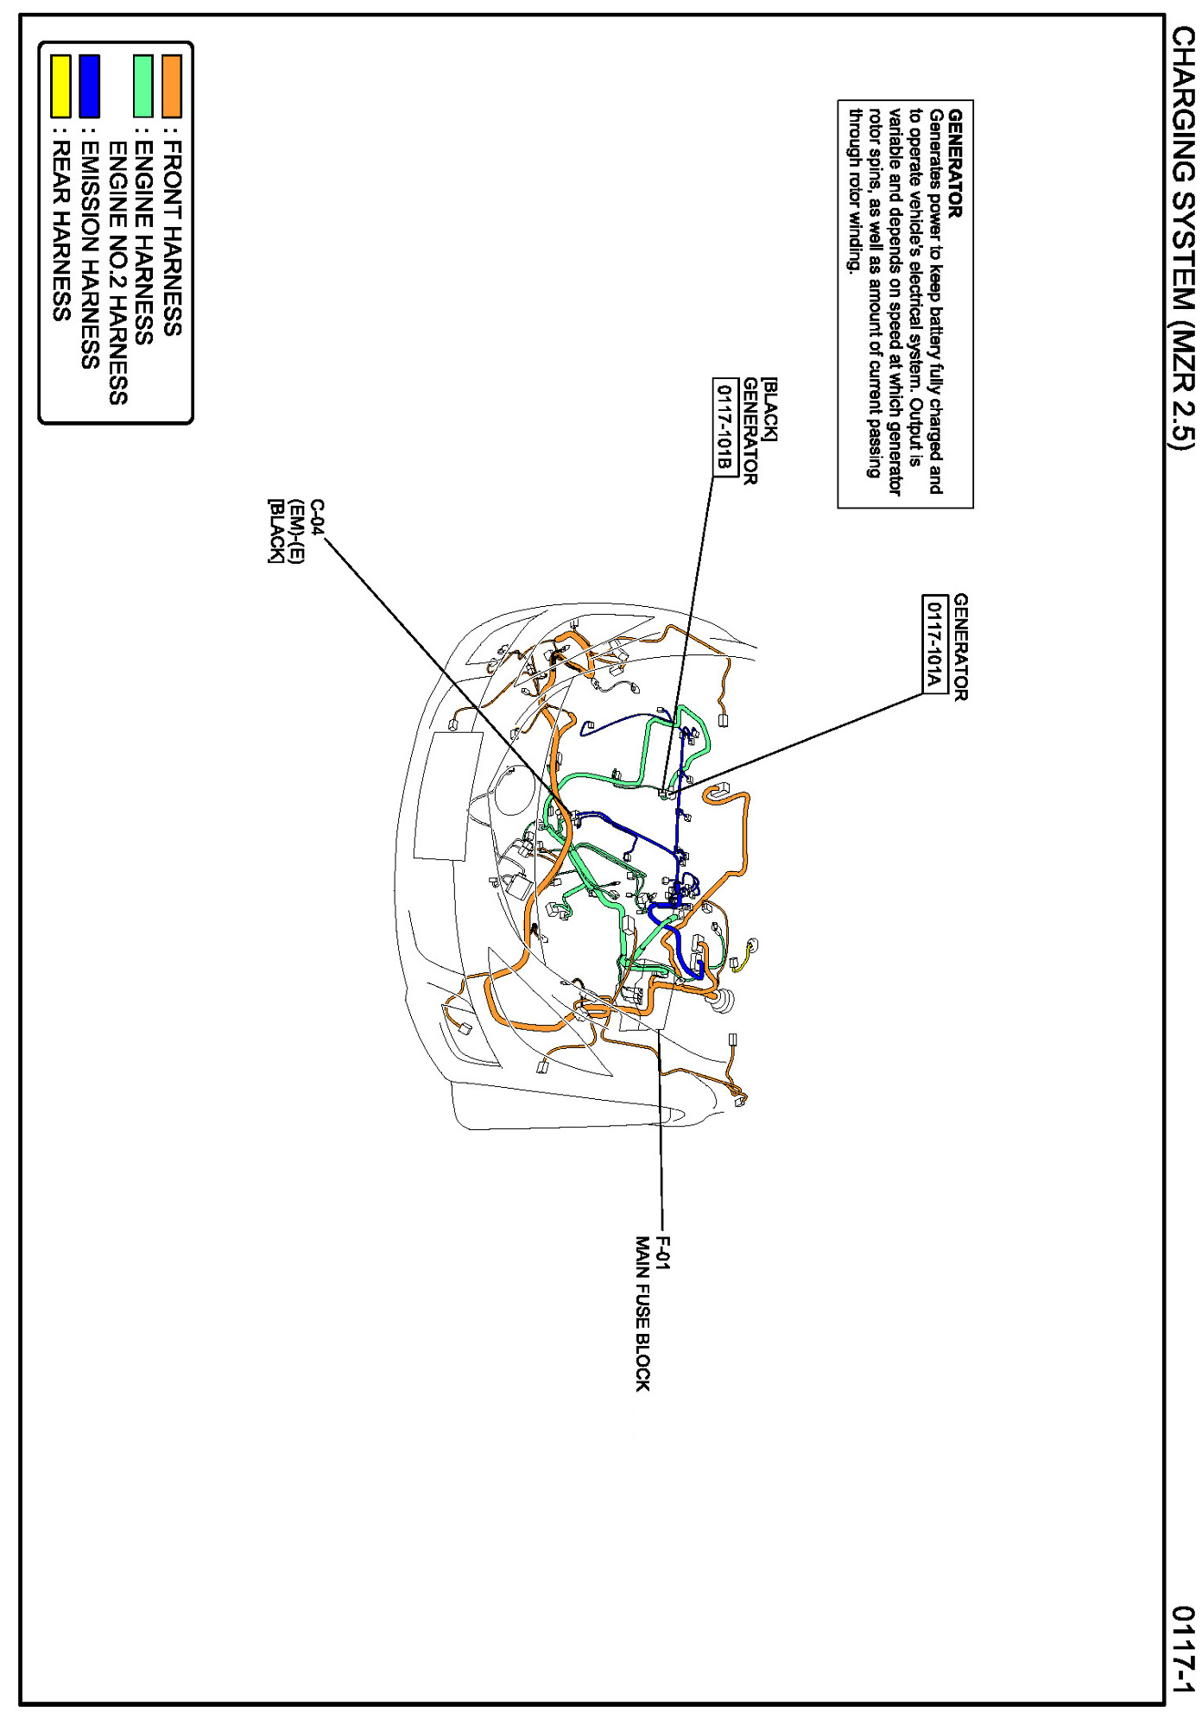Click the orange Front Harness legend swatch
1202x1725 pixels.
pyautogui.click(x=172, y=86)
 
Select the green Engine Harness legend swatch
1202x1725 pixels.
pyautogui.click(x=143, y=86)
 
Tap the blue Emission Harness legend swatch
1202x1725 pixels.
pyautogui.click(x=89, y=86)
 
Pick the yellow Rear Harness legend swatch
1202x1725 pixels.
pyautogui.click(x=60, y=86)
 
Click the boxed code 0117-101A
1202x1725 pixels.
pyautogui.click(x=933, y=644)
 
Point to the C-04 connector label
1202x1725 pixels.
pyautogui.click(x=317, y=517)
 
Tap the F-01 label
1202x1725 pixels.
pyautogui.click(x=662, y=1254)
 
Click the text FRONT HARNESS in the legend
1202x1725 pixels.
pyautogui.click(x=172, y=238)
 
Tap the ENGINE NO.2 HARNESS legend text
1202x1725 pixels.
pyautogui.click(x=117, y=273)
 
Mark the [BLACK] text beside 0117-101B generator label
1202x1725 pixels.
pyautogui.click(x=769, y=409)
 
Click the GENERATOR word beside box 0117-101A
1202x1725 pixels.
pyautogui.click(x=960, y=647)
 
